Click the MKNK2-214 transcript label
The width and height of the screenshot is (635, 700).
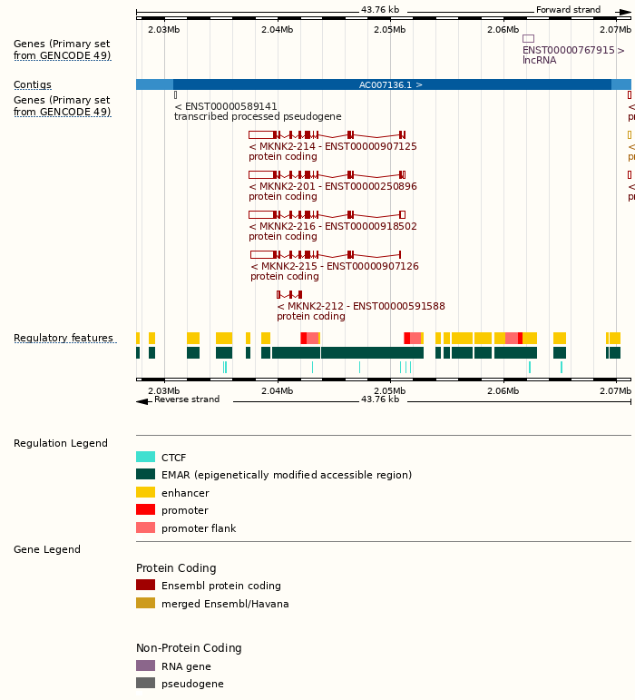coord(333,146)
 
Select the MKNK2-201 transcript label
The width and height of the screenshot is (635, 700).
coord(333,186)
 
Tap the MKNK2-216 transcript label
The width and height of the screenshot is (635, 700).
coord(333,226)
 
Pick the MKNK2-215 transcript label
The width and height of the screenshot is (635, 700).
coord(335,266)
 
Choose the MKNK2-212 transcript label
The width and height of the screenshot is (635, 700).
coord(361,306)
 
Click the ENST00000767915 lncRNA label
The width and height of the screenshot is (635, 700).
coord(573,50)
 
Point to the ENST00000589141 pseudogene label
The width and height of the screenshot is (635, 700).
coord(226,106)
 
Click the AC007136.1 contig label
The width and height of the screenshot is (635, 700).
coord(391,84)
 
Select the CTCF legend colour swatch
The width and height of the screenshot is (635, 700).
coord(145,458)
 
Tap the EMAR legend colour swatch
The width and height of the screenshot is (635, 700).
coord(145,475)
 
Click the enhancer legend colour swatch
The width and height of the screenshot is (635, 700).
coord(145,492)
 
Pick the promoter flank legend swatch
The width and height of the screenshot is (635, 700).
coord(145,527)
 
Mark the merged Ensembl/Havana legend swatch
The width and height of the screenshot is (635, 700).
coord(145,603)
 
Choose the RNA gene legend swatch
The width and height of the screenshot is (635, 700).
coord(145,665)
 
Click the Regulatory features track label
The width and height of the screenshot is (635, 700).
coord(63,339)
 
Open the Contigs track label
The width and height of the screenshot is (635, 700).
coord(33,84)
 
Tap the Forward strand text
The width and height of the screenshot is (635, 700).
coord(568,10)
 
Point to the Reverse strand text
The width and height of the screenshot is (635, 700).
coord(187,399)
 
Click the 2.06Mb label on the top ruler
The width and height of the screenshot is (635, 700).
coord(503,30)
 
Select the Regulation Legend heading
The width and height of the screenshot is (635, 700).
coord(61,443)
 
